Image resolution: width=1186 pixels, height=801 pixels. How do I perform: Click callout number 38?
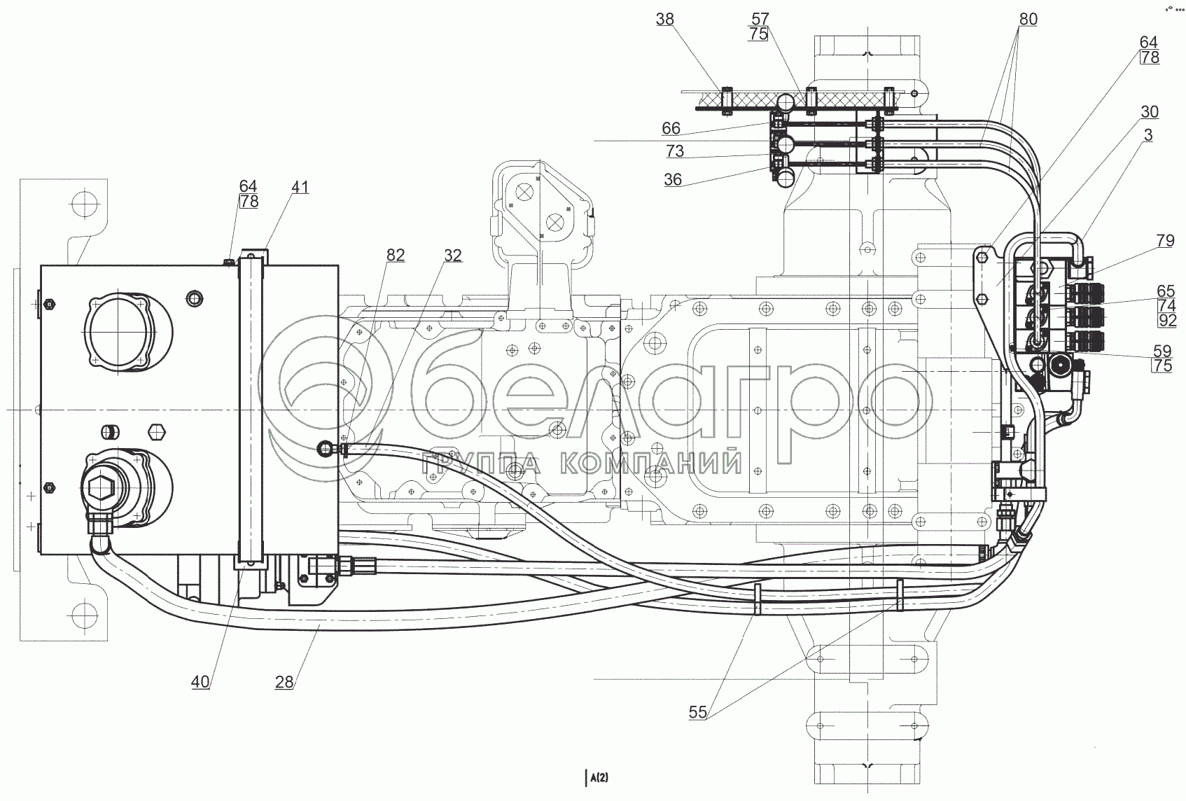tap(664, 20)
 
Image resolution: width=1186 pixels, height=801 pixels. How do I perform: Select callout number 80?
tap(1027, 20)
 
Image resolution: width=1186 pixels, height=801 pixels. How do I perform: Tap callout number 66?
tap(671, 129)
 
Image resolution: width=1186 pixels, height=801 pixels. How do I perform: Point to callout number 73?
tap(675, 151)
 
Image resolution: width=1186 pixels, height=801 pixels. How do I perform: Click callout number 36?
tap(672, 180)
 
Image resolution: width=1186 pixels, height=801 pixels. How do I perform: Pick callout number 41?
tap(300, 188)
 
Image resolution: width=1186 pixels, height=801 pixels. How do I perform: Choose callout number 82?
tap(395, 256)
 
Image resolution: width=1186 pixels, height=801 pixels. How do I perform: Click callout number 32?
tap(452, 256)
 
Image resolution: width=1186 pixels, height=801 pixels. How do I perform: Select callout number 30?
tap(1149, 112)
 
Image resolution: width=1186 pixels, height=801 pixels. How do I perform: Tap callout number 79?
tap(1165, 242)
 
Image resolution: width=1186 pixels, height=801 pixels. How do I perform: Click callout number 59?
tap(1162, 351)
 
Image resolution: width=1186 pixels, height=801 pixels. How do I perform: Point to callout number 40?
tap(200, 682)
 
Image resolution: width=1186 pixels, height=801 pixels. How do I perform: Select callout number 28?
tap(284, 682)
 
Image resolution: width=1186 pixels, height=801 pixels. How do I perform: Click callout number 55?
tap(697, 713)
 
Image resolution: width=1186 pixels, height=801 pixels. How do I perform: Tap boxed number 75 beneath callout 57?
tap(758, 34)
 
